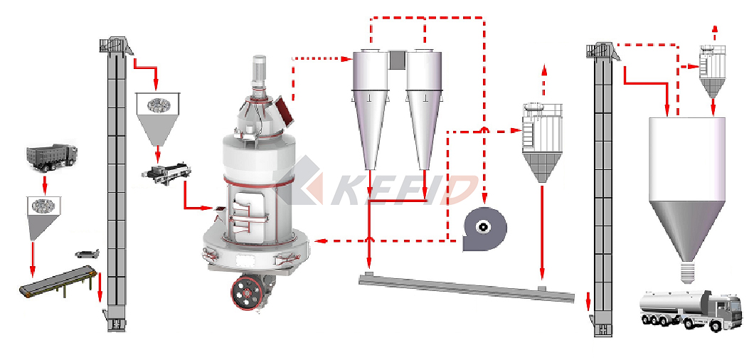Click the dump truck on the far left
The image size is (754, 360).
52,157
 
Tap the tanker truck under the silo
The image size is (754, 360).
691,309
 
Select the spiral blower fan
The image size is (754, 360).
484,228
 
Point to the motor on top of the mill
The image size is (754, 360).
260,71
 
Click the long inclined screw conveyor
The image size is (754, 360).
467,287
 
